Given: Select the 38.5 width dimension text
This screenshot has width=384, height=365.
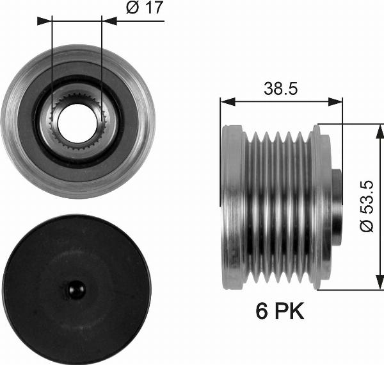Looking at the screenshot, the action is pyautogui.click(x=281, y=89).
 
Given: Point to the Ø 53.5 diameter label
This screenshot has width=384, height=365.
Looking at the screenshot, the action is pyautogui.click(x=367, y=207).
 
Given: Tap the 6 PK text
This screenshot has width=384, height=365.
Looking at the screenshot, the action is pyautogui.click(x=280, y=310).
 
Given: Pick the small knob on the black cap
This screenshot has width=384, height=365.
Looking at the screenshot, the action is pyautogui.click(x=76, y=289).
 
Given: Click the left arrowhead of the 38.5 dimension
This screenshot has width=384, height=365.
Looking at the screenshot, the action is pyautogui.click(x=228, y=101).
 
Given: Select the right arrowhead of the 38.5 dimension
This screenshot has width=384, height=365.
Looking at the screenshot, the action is pyautogui.click(x=335, y=101).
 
